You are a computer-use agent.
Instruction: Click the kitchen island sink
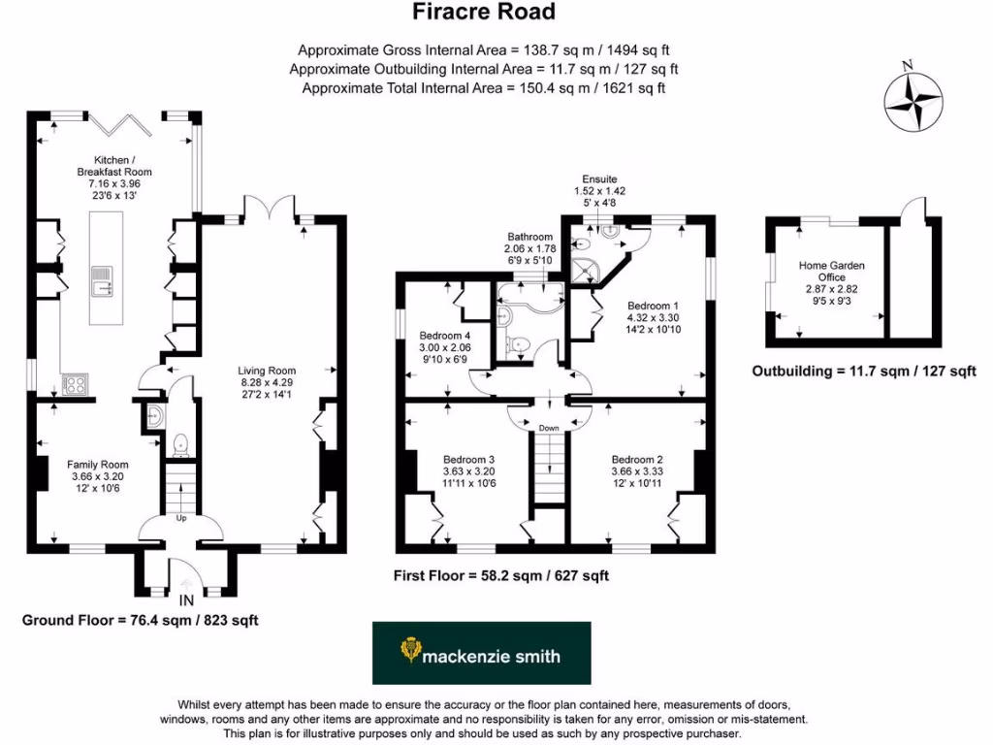tap(101, 284)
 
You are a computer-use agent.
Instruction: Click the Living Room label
tap(268, 371)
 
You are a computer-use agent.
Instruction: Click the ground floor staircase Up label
tap(180, 518)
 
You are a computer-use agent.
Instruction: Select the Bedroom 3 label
tap(469, 460)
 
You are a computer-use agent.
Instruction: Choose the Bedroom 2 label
tap(637, 460)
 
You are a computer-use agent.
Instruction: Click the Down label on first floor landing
tap(549, 427)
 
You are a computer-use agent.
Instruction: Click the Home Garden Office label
tap(832, 272)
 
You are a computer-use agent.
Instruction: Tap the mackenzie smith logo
tap(480, 654)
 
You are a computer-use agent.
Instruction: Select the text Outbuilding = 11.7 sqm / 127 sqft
tap(864, 372)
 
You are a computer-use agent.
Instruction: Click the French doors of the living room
tap(268, 206)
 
